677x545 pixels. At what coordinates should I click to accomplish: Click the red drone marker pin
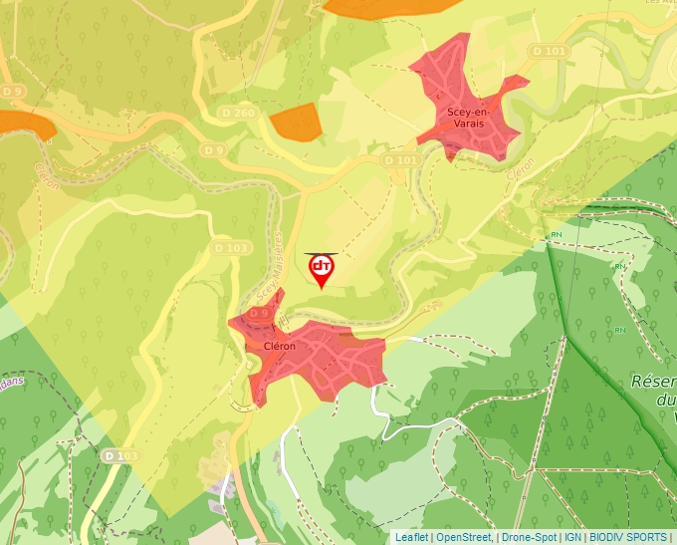[322, 270]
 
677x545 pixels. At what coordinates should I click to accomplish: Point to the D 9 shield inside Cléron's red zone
[259, 313]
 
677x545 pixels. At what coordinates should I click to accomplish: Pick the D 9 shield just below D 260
[212, 149]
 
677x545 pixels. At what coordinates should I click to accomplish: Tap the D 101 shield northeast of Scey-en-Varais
[550, 51]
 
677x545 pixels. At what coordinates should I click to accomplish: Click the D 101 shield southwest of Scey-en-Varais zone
[401, 159]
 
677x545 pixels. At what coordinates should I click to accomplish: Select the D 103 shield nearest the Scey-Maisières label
[229, 247]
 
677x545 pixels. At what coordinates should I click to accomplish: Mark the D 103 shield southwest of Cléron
[120, 455]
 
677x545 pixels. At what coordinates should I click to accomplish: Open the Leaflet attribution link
[411, 537]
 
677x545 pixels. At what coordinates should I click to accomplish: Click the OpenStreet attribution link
[464, 537]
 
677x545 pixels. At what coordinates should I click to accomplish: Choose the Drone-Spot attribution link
[529, 537]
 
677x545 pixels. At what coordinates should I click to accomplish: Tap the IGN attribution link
[572, 537]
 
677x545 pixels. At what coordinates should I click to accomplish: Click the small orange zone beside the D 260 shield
[296, 122]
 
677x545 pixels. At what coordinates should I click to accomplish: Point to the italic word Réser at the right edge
[653, 382]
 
